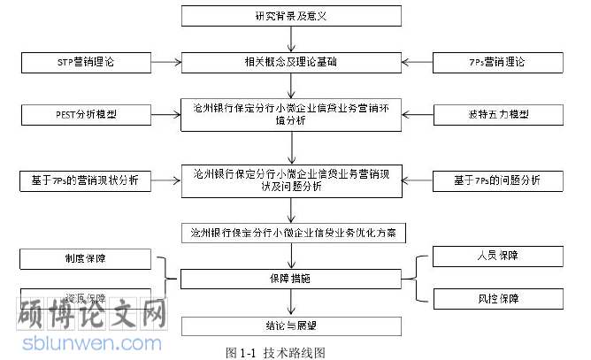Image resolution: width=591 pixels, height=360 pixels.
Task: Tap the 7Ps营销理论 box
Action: coord(496,63)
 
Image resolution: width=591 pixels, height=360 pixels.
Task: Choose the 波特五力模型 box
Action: coord(496,115)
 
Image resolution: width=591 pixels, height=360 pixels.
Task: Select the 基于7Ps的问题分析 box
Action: coord(496,181)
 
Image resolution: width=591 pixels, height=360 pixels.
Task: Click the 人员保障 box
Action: coord(496,257)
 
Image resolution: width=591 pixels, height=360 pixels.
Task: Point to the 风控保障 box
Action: coord(496,298)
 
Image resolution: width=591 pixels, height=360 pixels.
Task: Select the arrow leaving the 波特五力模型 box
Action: coord(418,115)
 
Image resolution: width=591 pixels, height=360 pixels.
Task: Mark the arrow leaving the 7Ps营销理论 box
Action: coord(418,63)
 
